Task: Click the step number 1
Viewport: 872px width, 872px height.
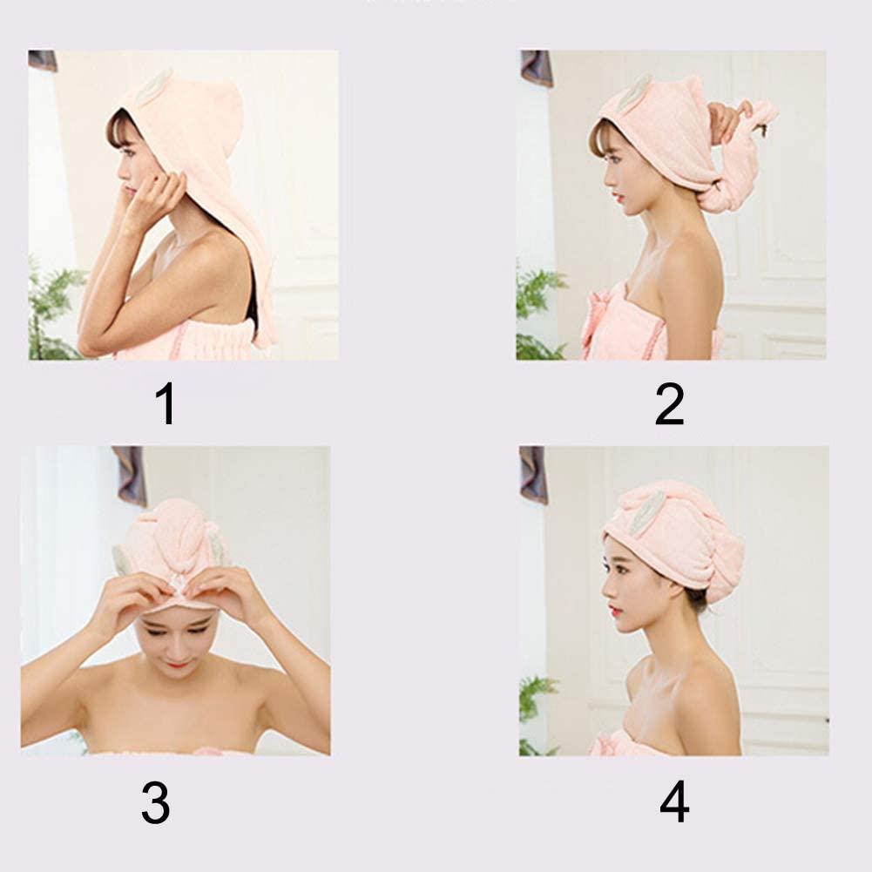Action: [166, 404]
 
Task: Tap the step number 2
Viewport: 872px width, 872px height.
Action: [669, 404]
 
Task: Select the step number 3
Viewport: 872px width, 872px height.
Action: [155, 802]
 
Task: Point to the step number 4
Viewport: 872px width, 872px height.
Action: [674, 802]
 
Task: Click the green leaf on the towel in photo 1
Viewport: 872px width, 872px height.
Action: [154, 84]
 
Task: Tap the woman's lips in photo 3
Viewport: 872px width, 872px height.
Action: [178, 663]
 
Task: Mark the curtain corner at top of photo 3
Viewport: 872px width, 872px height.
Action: [131, 475]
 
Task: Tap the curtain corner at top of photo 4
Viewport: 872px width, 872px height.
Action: [533, 475]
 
